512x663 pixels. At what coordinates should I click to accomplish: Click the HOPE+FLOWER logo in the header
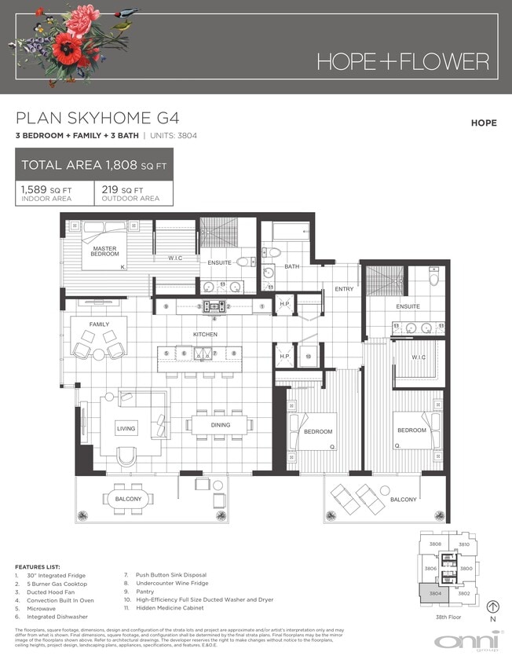[x=403, y=61]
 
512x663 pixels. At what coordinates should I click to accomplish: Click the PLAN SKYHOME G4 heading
[x=98, y=119]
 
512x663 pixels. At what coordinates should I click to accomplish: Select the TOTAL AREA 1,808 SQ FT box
[x=94, y=165]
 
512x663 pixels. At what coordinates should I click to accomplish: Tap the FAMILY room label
[x=99, y=324]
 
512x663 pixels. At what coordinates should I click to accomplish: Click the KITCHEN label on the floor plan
[x=206, y=335]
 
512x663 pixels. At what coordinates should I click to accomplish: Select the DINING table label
[x=220, y=425]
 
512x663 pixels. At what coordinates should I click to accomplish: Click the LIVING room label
[x=126, y=429]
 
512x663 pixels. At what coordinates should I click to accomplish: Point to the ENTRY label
[x=344, y=289]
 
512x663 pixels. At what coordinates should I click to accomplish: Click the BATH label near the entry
[x=291, y=267]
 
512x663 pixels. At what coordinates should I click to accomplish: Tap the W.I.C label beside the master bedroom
[x=175, y=258]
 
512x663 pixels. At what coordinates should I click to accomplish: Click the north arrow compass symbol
[x=492, y=606]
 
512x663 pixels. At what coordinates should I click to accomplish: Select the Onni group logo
[x=466, y=640]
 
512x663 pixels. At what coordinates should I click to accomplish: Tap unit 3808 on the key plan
[x=433, y=544]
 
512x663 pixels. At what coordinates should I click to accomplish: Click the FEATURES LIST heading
[x=38, y=567]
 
